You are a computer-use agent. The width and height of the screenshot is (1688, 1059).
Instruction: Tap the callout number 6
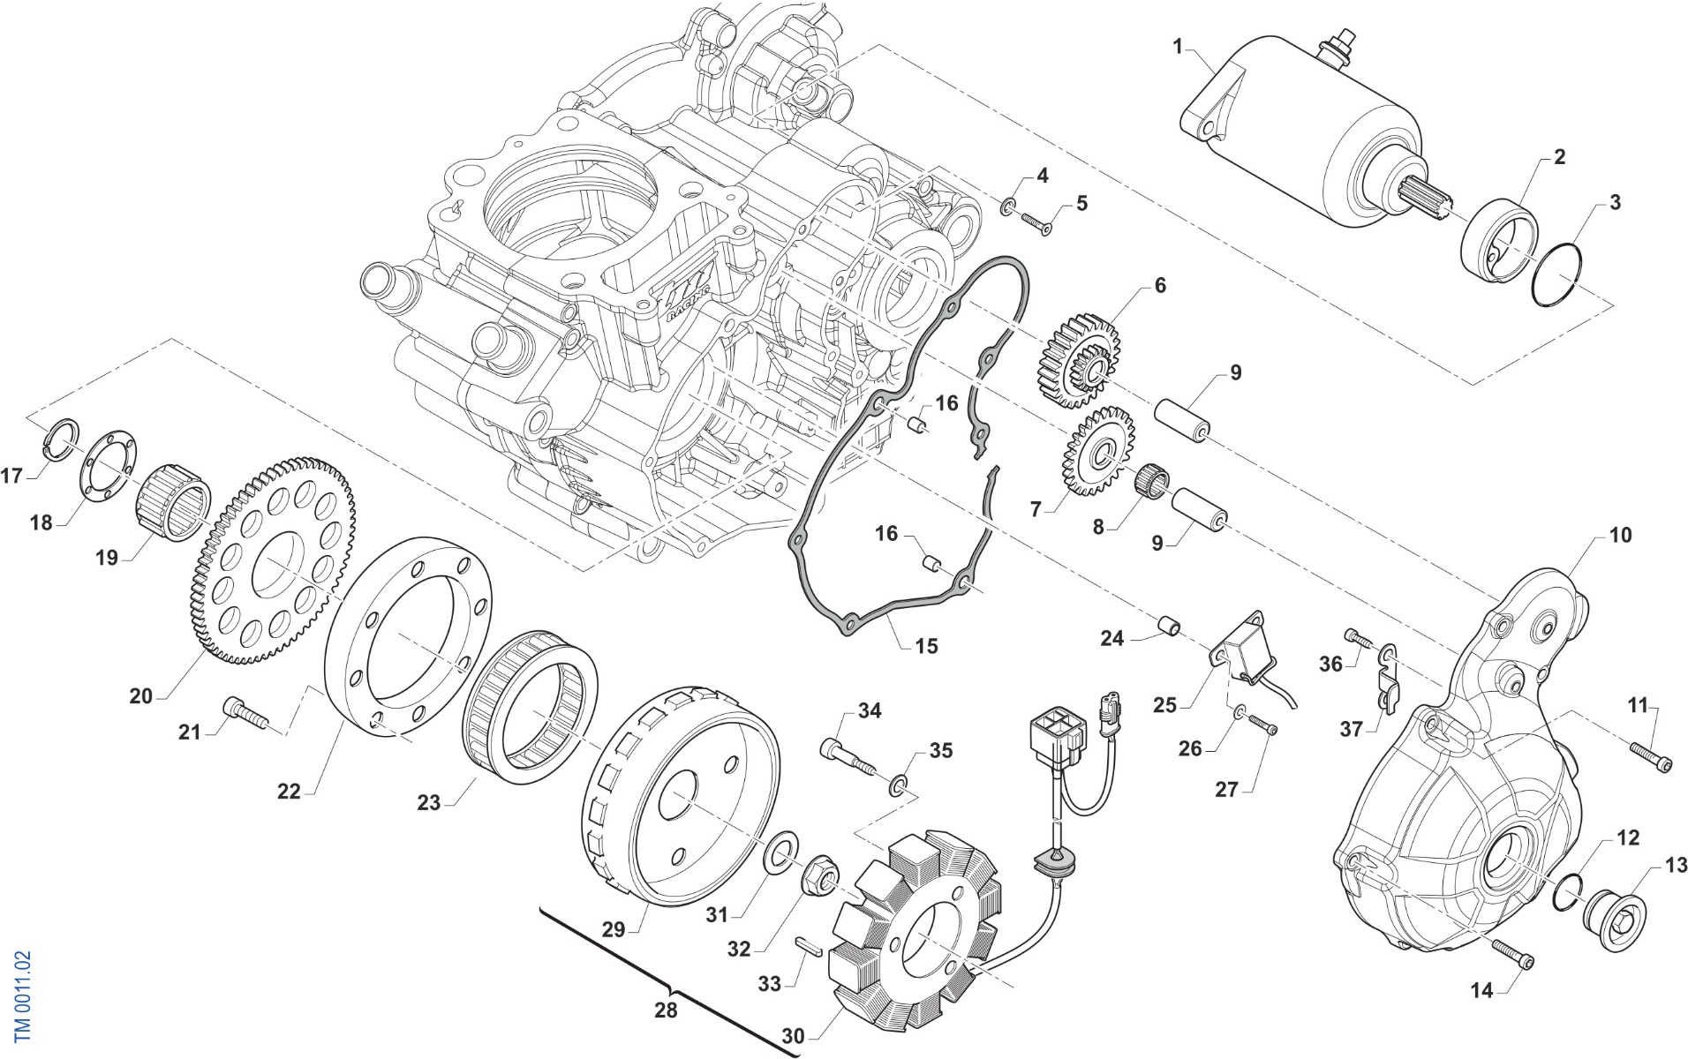click(1160, 285)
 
